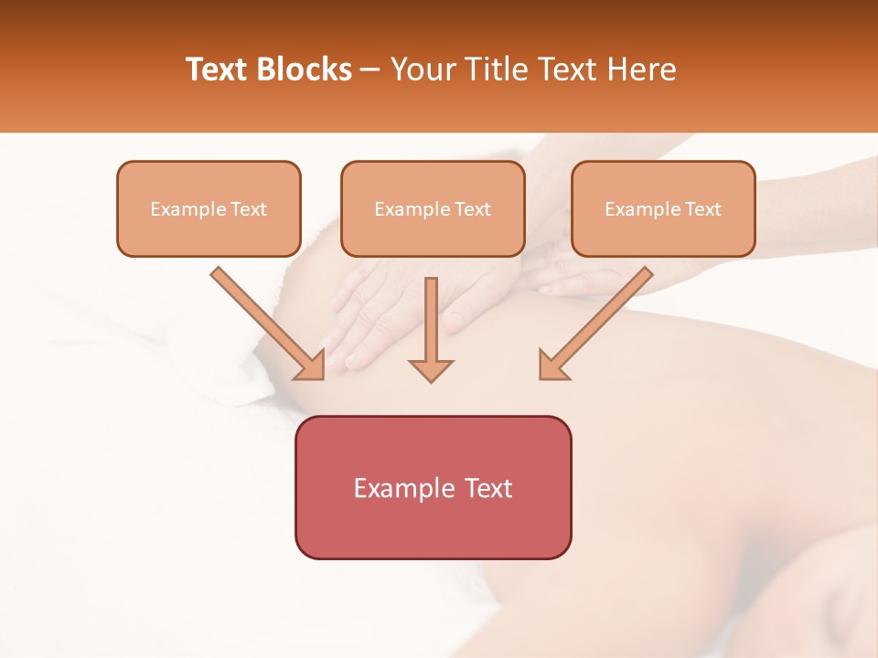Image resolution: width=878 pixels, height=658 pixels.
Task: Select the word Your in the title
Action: click(420, 69)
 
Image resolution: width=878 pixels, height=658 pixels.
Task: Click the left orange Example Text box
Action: click(209, 208)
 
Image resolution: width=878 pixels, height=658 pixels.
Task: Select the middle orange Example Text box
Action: click(433, 208)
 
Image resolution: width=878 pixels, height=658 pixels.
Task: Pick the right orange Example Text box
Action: click(663, 208)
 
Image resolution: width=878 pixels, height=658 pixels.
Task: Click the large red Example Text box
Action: click(433, 487)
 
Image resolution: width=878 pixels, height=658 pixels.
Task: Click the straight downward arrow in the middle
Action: click(431, 329)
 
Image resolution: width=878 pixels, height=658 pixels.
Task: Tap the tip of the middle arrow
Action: click(431, 380)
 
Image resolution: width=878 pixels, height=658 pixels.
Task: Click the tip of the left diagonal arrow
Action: click(322, 377)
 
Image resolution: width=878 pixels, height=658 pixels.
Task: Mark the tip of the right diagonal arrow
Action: click(541, 377)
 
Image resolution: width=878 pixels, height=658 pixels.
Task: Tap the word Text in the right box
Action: click(703, 209)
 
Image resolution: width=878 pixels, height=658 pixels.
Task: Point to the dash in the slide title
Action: click(370, 70)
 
